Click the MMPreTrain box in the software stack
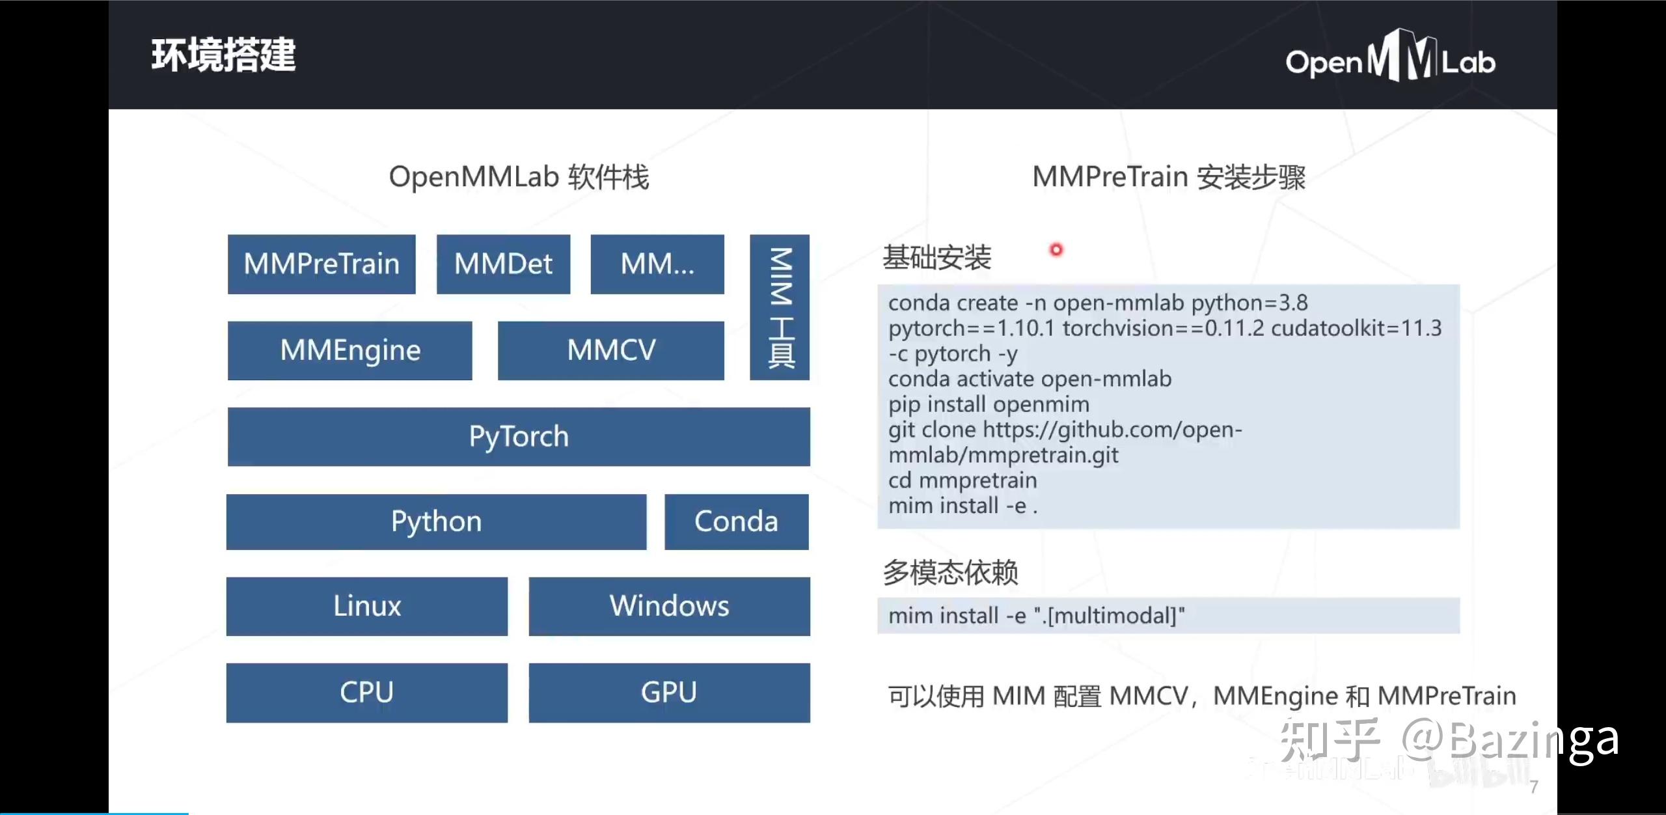(321, 264)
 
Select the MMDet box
(503, 264)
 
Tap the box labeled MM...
(657, 264)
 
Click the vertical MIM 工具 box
(780, 307)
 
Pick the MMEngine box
(350, 350)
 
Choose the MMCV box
(610, 350)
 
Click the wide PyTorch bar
(519, 437)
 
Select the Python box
(436, 521)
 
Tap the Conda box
(736, 521)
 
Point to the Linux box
(367, 606)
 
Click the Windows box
(669, 606)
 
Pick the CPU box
(367, 693)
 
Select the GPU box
(669, 693)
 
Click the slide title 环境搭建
(223, 55)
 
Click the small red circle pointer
(1056, 250)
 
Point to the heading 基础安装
(936, 257)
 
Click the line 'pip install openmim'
(989, 404)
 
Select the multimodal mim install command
(1037, 616)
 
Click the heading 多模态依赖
(950, 573)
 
